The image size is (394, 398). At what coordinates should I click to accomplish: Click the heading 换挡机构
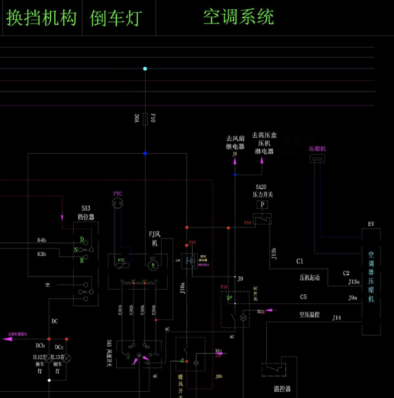42,18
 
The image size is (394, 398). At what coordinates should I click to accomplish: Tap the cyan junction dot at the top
145,69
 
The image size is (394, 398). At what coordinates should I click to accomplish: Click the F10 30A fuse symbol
145,119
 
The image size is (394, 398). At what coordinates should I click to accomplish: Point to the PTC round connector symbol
118,203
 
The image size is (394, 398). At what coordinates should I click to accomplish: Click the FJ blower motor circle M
153,266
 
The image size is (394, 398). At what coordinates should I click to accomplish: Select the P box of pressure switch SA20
262,205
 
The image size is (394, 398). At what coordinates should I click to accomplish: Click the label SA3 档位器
86,213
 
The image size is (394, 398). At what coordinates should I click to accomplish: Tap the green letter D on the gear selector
82,240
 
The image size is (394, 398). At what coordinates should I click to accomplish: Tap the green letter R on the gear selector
82,260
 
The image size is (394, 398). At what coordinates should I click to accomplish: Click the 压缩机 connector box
317,159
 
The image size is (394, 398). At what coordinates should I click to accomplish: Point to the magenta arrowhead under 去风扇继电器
235,161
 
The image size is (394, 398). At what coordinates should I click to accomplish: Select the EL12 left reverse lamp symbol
49,358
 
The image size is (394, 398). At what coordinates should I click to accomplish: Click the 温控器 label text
282,389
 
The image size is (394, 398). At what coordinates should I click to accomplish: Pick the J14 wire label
336,318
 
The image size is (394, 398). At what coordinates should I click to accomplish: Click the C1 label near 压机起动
300,261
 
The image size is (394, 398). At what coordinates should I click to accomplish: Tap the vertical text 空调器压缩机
371,277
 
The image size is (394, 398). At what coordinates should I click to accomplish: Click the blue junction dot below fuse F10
145,153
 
